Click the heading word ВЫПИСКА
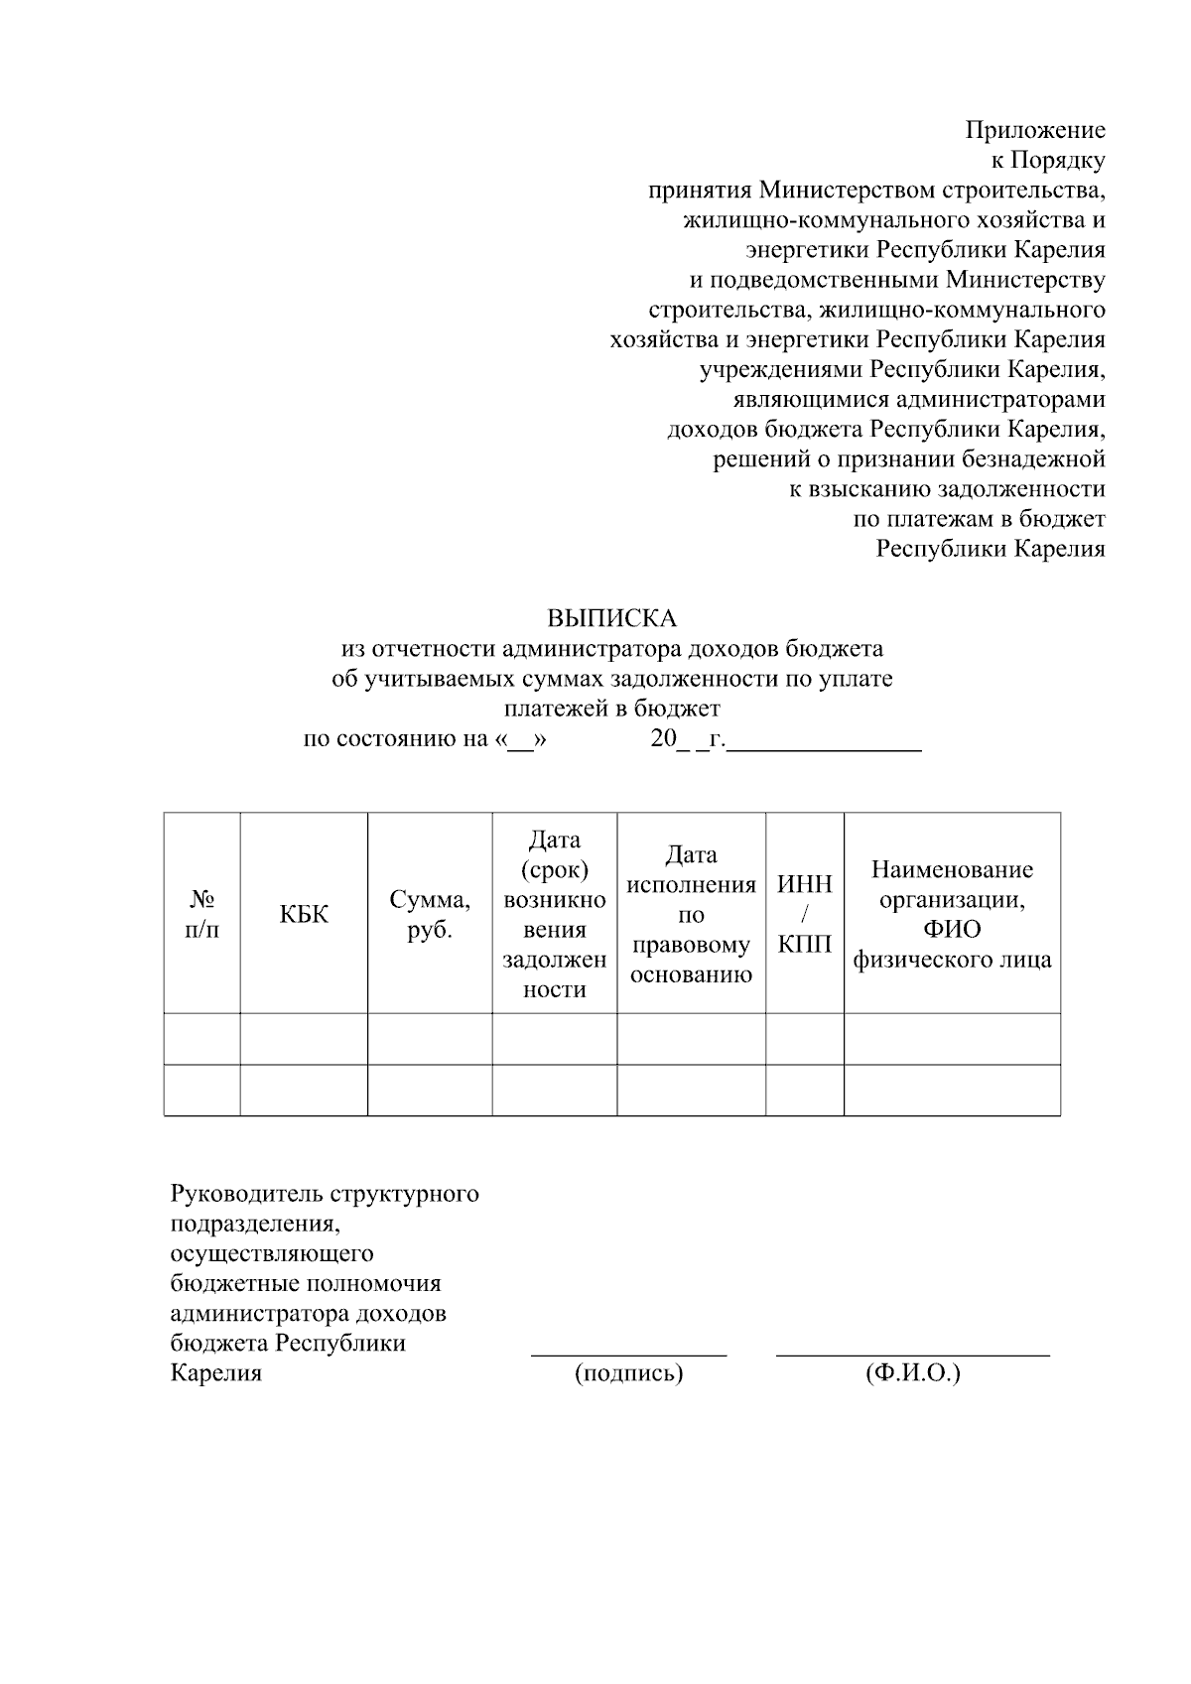coord(611,619)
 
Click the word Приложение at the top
coord(1035,130)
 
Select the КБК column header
coord(304,914)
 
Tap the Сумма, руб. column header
coord(430,914)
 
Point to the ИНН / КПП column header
coord(805,914)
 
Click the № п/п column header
coord(202,914)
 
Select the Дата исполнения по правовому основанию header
coord(691,914)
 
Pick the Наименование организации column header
coord(952,914)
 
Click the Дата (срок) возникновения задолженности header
coord(554,914)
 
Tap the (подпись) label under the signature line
coord(629,1373)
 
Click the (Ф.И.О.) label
coord(913,1373)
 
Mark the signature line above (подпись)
coord(629,1354)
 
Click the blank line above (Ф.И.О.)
coord(913,1354)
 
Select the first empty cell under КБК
coord(304,1039)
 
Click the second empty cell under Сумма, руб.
coord(430,1091)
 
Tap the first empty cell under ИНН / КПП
coord(805,1039)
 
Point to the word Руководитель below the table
coord(246,1193)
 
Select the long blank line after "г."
coord(825,751)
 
